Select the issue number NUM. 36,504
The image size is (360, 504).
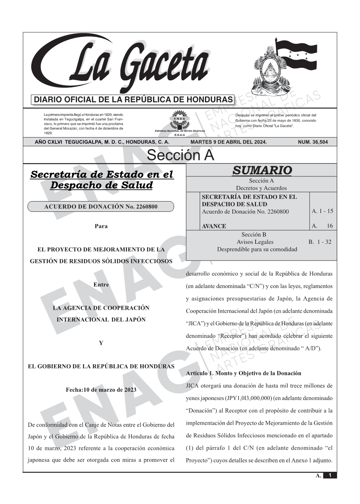coord(312,142)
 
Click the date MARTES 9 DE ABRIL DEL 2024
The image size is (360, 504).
coord(229,142)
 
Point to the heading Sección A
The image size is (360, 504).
coord(180,155)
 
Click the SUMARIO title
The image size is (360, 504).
coord(262,170)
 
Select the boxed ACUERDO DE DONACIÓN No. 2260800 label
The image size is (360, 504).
coord(101,206)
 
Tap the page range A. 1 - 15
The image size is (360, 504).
coord(322,211)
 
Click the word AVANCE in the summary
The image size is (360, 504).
coord(214,226)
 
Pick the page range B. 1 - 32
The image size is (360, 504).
coord(320,242)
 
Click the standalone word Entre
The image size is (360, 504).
coord(101,285)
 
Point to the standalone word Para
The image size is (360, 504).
coord(101,226)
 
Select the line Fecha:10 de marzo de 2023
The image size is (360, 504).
coord(101,390)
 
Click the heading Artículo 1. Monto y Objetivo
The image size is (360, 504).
coord(243,373)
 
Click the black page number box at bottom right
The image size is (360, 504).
coord(330,475)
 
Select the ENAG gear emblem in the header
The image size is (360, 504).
coord(179,119)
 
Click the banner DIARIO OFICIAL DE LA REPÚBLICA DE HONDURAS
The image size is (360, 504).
coord(133,100)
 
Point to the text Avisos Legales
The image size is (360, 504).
coord(255,242)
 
